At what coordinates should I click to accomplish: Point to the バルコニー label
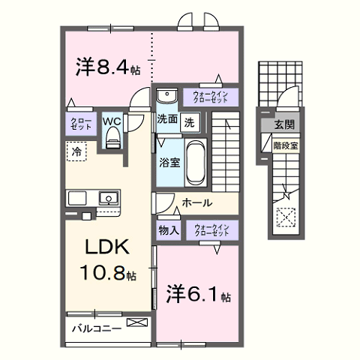[x=97, y=328]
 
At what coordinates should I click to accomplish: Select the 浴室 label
[x=168, y=161]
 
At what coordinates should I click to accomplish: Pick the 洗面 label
[x=166, y=119]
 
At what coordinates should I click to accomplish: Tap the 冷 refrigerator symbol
[x=76, y=151]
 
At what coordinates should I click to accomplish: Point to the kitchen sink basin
[x=107, y=199]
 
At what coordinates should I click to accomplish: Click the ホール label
[x=197, y=203]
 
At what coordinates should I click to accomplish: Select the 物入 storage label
[x=168, y=229]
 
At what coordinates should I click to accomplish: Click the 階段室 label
[x=285, y=145]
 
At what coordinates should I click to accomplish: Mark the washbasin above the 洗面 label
[x=166, y=96]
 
